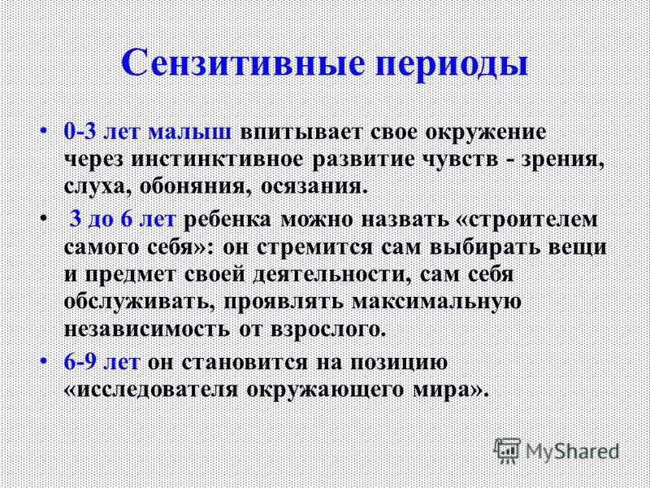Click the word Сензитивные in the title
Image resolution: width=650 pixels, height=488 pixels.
pos(242,63)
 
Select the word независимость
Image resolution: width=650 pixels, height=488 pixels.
pos(147,330)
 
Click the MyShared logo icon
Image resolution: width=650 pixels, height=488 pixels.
pos(507,451)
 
